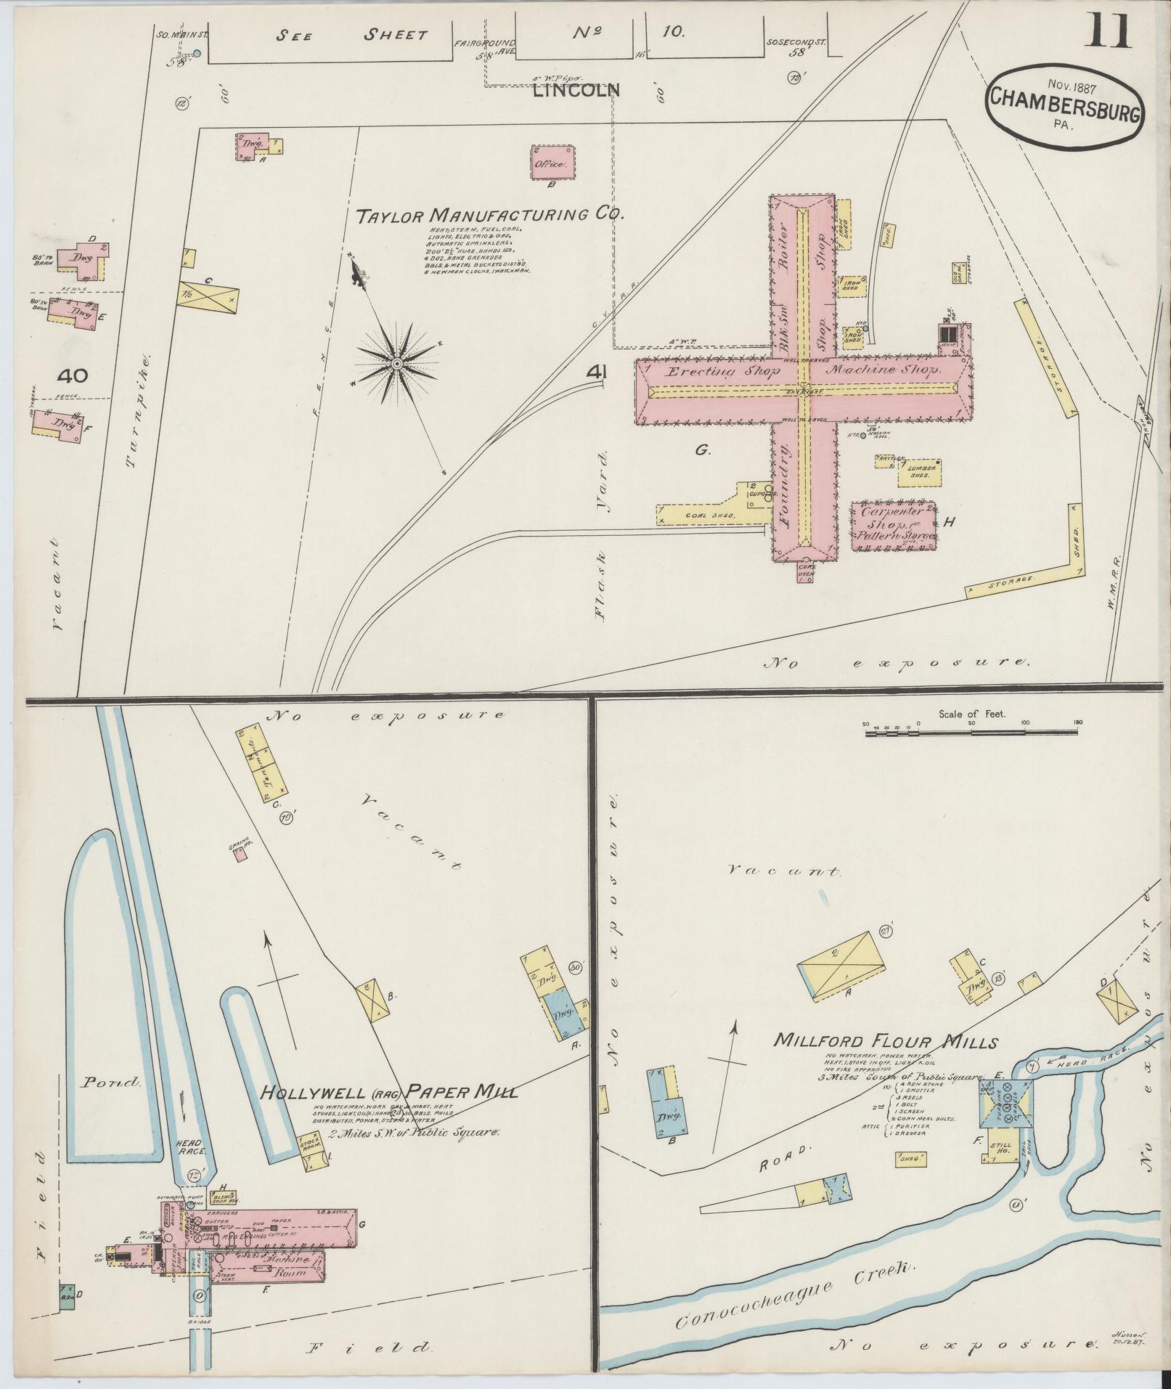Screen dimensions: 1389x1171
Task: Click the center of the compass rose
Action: (397, 362)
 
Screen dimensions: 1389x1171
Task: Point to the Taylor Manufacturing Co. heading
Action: (491, 215)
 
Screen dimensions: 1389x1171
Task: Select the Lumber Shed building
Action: (918, 473)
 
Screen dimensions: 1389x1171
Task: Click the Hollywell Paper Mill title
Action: (389, 1112)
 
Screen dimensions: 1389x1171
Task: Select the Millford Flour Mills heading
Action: (885, 1040)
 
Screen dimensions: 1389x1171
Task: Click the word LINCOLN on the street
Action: (576, 91)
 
